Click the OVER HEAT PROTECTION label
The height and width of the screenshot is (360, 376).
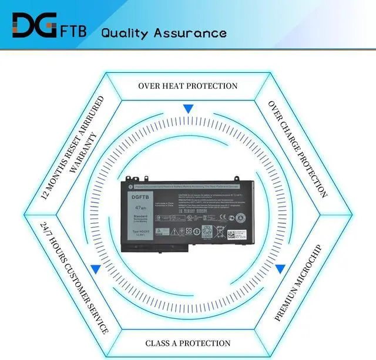pyautogui.click(x=187, y=86)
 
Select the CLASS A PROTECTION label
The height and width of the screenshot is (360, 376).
pyautogui.click(x=187, y=343)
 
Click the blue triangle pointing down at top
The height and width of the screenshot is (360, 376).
pyautogui.click(x=188, y=109)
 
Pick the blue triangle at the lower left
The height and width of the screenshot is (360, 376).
pyautogui.click(x=95, y=269)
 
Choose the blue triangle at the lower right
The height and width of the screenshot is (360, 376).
pyautogui.click(x=280, y=269)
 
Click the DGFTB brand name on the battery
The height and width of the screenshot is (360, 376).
pyautogui.click(x=140, y=197)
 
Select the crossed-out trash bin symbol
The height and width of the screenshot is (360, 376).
pyautogui.click(x=192, y=230)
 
